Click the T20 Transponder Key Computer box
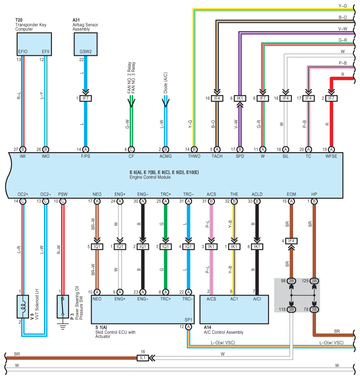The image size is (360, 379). [x=34, y=44]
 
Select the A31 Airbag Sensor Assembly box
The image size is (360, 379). [x=86, y=44]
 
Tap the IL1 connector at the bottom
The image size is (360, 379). [x=143, y=358]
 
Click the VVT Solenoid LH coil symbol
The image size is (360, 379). [x=23, y=307]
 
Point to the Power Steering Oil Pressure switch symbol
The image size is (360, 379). [x=63, y=307]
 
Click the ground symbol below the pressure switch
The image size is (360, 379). [x=63, y=327]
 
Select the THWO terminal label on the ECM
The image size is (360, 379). [x=194, y=157]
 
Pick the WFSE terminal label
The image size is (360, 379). [x=331, y=157]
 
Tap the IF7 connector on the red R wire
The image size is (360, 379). [x=331, y=98]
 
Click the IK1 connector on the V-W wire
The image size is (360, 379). [x=240, y=98]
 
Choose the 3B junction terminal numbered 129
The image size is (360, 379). [x=314, y=281]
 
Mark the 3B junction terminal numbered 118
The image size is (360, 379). [x=291, y=310]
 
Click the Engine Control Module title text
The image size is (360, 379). [x=150, y=177]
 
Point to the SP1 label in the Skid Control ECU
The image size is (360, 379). [x=188, y=320]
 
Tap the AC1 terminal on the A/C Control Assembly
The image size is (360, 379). [x=234, y=299]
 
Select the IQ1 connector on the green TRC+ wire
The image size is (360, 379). [x=166, y=247]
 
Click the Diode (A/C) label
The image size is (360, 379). [x=166, y=83]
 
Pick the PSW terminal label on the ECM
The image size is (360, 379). [x=63, y=194]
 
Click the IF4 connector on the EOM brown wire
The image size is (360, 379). [x=291, y=241]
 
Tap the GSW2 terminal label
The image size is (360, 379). [x=86, y=52]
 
